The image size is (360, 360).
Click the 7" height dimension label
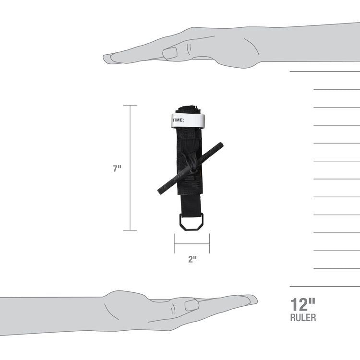(117, 168)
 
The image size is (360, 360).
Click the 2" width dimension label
(192, 259)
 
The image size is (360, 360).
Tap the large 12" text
(303, 304)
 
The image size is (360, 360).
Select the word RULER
(303, 318)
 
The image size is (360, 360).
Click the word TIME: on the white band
(178, 120)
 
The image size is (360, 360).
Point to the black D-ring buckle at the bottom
(191, 222)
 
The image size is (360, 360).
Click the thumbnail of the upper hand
(170, 53)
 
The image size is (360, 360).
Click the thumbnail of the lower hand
(192, 305)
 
